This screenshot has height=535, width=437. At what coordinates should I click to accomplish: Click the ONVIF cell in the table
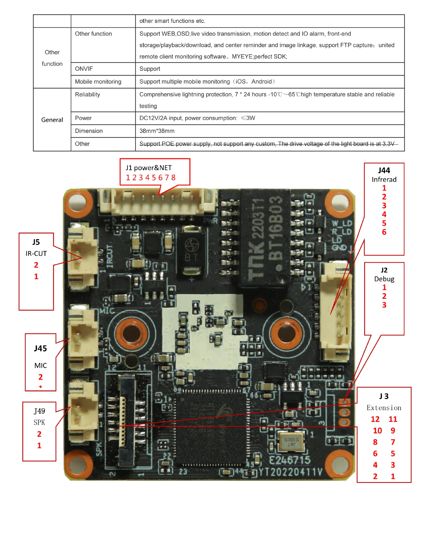tap(84, 69)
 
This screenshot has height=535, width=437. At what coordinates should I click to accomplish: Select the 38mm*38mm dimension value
tap(157, 131)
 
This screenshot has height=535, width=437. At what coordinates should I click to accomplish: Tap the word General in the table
tap(52, 120)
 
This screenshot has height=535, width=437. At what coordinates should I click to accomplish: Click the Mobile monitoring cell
tap(98, 82)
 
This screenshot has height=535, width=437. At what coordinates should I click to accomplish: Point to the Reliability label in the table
tap(87, 94)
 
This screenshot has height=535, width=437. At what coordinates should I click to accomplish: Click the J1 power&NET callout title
tap(148, 168)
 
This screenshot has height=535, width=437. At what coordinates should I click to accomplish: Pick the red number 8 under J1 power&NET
tap(173, 178)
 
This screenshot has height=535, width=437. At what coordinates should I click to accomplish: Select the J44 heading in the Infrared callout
tap(384, 171)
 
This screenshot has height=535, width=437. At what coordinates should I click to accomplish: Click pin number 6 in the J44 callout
tap(384, 232)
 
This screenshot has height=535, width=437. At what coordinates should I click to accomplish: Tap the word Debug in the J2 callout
tap(384, 279)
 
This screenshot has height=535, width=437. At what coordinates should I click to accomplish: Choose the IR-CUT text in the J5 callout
tap(36, 254)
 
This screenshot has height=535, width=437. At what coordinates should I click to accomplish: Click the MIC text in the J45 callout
tap(40, 366)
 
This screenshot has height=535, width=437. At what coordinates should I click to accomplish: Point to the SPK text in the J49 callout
tap(39, 422)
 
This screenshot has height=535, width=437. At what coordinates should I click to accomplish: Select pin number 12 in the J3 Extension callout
tap(375, 419)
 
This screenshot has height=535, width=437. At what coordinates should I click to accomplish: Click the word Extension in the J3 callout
tap(384, 408)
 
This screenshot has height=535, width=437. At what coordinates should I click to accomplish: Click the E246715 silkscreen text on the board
tap(290, 460)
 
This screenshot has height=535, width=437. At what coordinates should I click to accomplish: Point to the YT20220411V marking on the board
tap(290, 472)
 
